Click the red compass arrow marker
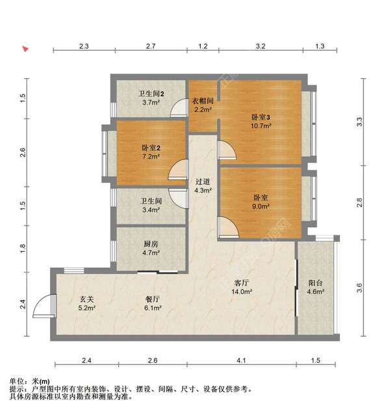25,49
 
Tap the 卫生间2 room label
151,94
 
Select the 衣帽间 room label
203,101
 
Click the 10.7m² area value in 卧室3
261,126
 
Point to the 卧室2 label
151,148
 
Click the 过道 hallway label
203,181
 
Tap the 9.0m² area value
261,206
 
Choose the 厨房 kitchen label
151,244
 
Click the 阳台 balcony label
315,283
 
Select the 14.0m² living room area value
241,292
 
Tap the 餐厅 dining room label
153,299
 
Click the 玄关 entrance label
87,299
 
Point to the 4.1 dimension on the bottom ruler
241,360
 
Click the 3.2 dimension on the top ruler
261,46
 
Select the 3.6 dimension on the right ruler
359,288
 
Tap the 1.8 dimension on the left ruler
23,248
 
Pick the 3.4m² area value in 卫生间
151,210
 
